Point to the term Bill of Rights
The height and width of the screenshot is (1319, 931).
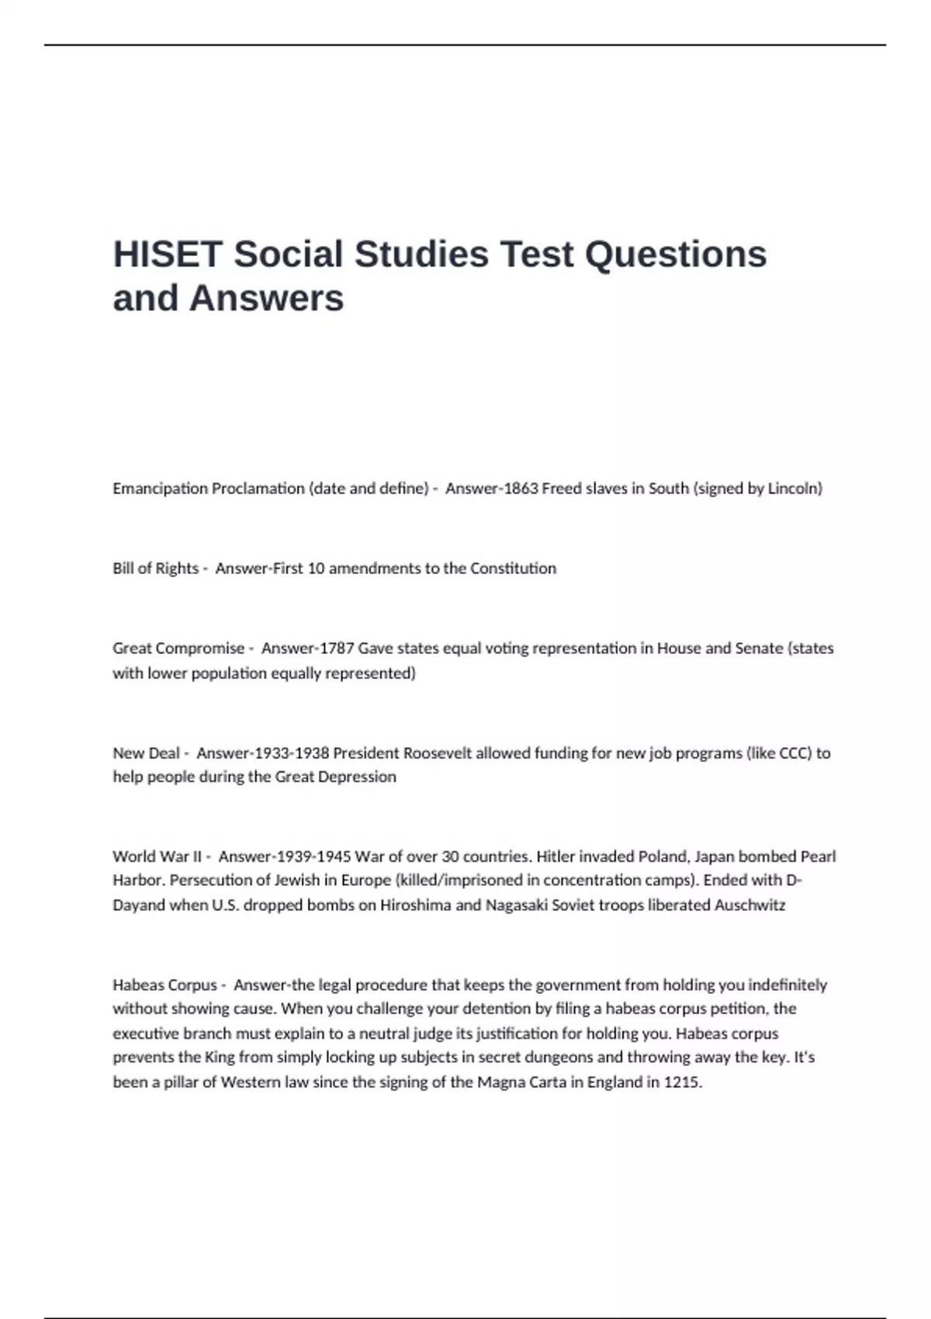pyautogui.click(x=155, y=569)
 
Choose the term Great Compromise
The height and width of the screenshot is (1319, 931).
pyautogui.click(x=178, y=649)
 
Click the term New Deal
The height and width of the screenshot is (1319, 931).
pyautogui.click(x=146, y=753)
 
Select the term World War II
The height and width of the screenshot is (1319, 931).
pyautogui.click(x=157, y=857)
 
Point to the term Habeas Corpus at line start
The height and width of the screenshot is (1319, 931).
pyautogui.click(x=164, y=985)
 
